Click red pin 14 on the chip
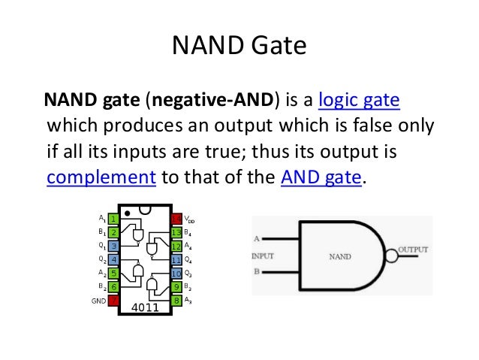tap(176, 219)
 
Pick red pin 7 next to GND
tap(113, 301)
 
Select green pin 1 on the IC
tap(113, 219)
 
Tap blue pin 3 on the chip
tap(113, 246)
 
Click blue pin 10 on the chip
tap(176, 273)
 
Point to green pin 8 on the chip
tap(176, 301)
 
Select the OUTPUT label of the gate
tap(414, 249)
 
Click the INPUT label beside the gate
tap(262, 256)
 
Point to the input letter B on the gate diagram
tap(256, 271)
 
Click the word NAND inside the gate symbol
tap(340, 256)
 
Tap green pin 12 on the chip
tap(176, 246)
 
